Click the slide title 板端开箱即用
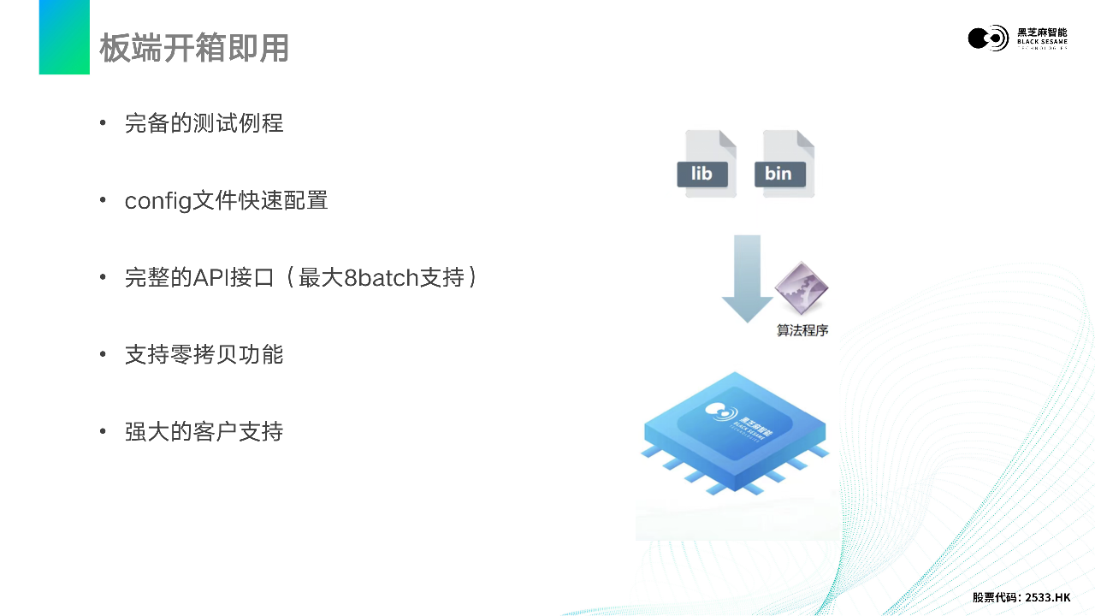pos(194,48)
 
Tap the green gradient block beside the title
pos(64,37)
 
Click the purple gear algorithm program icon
pos(801,288)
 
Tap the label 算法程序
pos(802,330)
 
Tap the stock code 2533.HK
pos(1047,597)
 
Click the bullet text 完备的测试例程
pos(204,123)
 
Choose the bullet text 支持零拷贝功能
pos(204,354)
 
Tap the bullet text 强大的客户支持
pos(204,431)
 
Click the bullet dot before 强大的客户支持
pos(104,431)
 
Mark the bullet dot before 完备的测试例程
pos(104,123)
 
